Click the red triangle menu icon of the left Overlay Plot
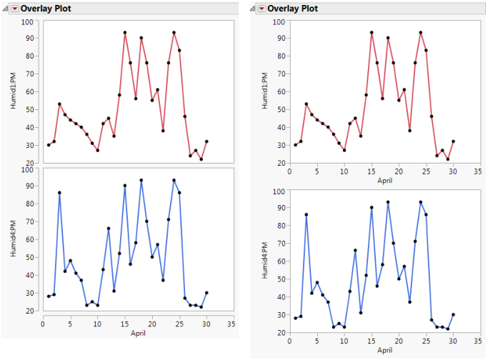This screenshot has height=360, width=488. (x=14, y=9)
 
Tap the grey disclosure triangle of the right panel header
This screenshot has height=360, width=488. (x=254, y=9)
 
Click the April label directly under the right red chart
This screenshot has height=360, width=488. (x=384, y=181)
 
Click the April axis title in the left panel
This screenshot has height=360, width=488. (x=139, y=332)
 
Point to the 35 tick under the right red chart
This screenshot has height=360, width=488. (x=479, y=171)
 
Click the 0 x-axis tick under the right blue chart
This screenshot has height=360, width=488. (x=289, y=341)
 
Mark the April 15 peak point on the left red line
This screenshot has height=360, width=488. (x=125, y=32)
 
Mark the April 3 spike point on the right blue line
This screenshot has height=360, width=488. (x=306, y=214)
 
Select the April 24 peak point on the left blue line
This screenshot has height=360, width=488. (x=174, y=180)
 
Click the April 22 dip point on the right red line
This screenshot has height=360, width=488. (x=409, y=130)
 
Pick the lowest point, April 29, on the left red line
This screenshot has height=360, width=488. (x=201, y=159)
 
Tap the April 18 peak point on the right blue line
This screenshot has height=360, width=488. (x=388, y=202)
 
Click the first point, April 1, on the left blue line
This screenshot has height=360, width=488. (x=49, y=296)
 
